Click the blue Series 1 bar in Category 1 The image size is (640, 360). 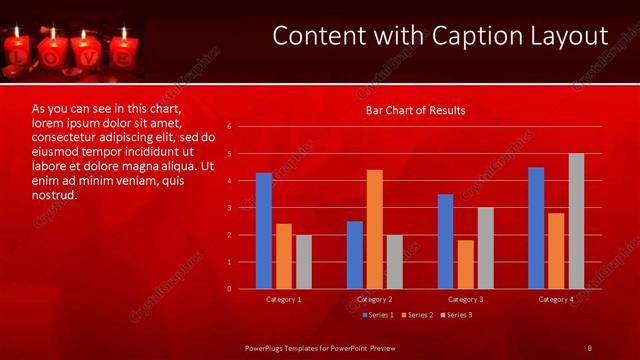click(264, 231)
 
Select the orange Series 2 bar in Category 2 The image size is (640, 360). click(375, 229)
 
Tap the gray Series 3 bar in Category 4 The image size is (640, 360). click(576, 221)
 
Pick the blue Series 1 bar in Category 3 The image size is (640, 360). click(445, 241)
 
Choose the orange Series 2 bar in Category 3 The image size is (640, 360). click(465, 264)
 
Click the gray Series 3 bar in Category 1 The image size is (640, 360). click(304, 262)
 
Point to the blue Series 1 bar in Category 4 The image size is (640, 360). click(536, 228)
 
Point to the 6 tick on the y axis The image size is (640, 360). click(230, 127)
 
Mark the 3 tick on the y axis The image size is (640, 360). click(230, 208)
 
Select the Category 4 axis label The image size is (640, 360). click(556, 299)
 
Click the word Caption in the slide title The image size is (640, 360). click(464, 37)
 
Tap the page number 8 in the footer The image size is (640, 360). click(589, 347)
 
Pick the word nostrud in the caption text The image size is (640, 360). click(55, 194)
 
